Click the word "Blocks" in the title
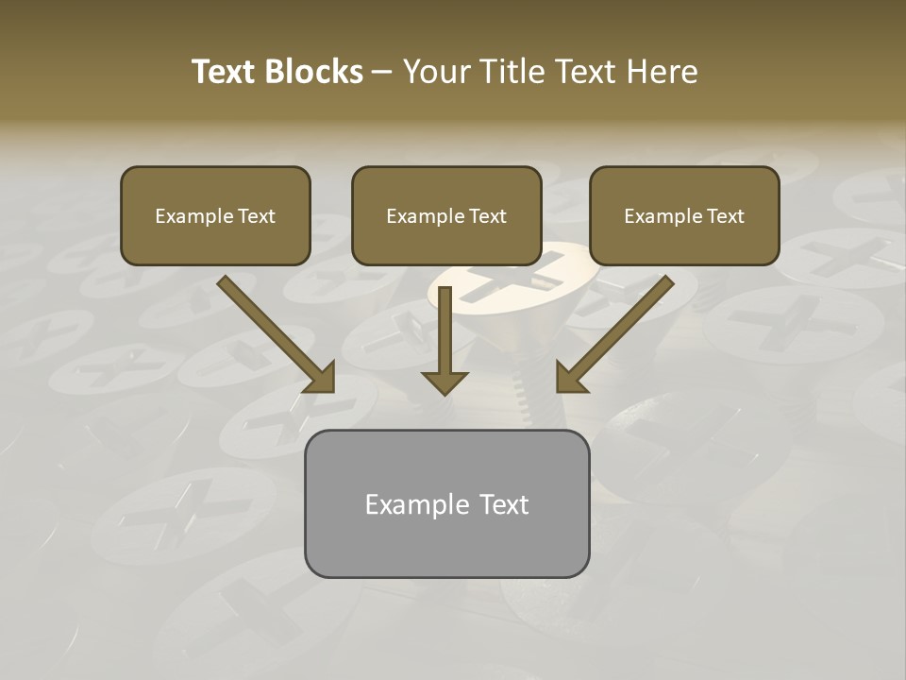click(313, 72)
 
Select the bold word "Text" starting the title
click(226, 72)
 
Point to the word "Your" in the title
click(435, 72)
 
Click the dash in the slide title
click(382, 72)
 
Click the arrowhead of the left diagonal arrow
click(322, 379)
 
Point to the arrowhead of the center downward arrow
click(445, 382)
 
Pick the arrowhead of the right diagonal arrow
click(570, 378)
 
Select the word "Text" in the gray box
click(504, 504)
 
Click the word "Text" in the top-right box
click(726, 216)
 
